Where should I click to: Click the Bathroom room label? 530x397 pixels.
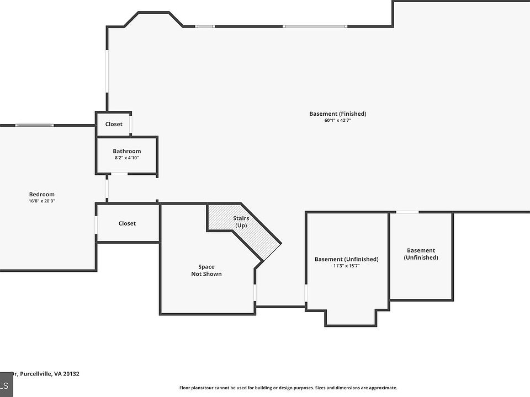coord(127,151)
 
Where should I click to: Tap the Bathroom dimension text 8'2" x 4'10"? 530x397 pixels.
coord(127,158)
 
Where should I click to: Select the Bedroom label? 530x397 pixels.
coord(41,194)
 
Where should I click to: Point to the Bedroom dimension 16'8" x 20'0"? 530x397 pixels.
coord(41,201)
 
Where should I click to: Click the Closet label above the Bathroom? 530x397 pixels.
coord(114,124)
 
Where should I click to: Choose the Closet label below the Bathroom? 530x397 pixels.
coord(127,223)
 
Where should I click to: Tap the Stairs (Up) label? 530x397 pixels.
coord(241,222)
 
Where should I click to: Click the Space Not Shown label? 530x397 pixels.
coord(206,270)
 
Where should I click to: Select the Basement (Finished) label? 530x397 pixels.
coord(338,114)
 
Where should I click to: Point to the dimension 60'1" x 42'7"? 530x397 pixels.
coord(338,120)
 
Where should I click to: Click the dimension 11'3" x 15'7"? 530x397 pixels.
coord(347,266)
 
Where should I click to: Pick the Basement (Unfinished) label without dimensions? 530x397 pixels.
coord(421,254)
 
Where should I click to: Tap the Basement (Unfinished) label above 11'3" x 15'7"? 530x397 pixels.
coord(347,259)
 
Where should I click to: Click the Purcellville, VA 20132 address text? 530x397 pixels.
coord(49,374)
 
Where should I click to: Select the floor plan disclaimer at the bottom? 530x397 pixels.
coord(288,388)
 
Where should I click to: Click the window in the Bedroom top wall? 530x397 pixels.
coord(35,125)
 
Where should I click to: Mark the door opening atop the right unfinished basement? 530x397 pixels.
coord(407,212)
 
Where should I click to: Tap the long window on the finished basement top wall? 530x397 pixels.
coord(315,26)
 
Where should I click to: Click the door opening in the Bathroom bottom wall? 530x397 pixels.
coord(119,174)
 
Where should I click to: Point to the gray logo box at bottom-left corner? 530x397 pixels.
coord(7,384)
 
